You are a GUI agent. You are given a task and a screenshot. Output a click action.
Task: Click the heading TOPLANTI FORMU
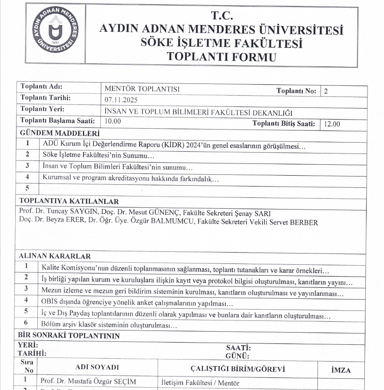[x=222, y=57]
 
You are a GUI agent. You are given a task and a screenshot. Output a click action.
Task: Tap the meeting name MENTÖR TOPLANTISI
[x=142, y=90]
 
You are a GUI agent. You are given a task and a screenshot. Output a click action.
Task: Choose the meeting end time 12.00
[x=332, y=124]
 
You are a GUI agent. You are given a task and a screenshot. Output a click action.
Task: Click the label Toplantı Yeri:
[x=43, y=109]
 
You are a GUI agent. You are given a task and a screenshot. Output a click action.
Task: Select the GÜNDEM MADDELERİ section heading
[x=60, y=133]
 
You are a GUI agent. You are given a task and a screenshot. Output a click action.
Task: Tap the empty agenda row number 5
[x=27, y=188]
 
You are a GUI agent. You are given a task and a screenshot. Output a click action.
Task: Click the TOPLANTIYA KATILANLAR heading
[x=69, y=201]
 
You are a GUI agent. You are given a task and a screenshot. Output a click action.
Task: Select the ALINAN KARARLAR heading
[x=55, y=256]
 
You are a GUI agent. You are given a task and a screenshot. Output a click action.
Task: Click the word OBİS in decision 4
[x=50, y=301]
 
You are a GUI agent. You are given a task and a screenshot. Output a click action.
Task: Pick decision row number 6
[x=26, y=323]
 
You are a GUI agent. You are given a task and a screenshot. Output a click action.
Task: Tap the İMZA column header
[x=341, y=370]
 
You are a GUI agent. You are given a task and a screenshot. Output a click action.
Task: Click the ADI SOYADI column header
[x=97, y=367]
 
